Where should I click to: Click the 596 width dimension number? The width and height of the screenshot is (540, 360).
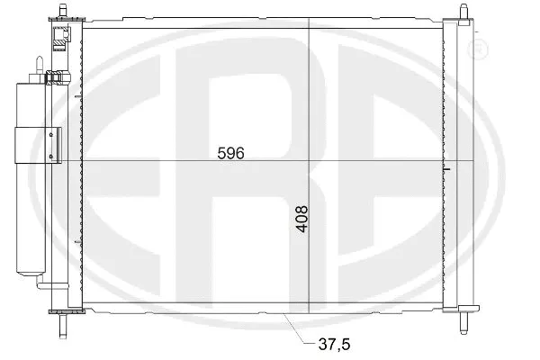tap(231, 153)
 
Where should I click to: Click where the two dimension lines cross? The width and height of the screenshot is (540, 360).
tap(308, 160)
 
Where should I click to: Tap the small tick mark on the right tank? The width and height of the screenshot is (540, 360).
tap(447, 168)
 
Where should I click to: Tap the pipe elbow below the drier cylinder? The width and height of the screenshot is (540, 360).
tap(40, 283)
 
